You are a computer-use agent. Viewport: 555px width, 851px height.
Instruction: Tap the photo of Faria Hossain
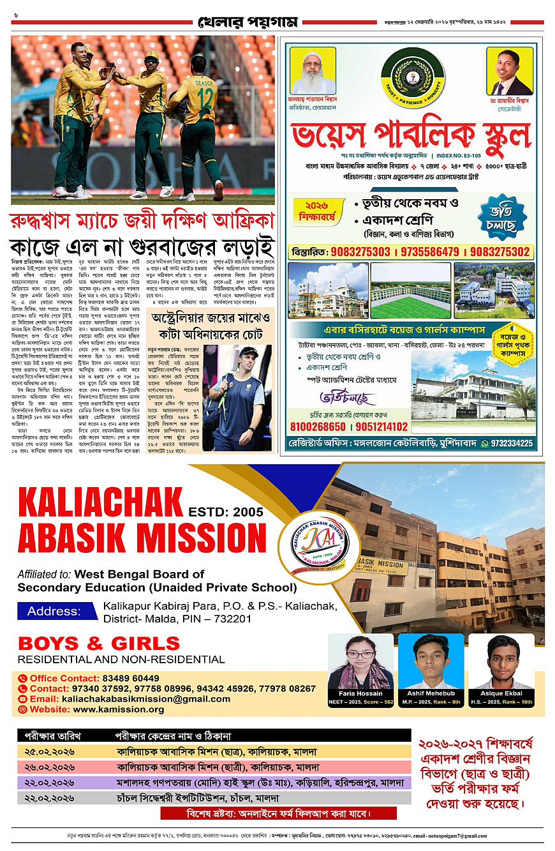[x=361, y=661]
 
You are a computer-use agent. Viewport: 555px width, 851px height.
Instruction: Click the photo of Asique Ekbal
[x=501, y=661]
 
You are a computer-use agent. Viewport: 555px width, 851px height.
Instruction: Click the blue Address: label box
[x=58, y=611]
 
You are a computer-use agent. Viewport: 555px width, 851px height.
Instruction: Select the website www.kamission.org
[x=119, y=709]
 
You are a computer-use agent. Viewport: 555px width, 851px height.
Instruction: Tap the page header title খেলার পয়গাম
[x=248, y=22]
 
